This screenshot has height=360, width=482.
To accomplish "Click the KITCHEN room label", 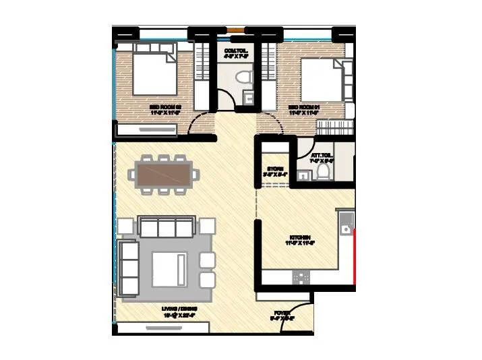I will (300, 238).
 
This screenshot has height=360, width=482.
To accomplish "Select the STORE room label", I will (274, 169).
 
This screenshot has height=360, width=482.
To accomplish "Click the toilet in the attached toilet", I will (323, 174).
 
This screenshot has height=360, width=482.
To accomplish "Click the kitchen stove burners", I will (301, 277).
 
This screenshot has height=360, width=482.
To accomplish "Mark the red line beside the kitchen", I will (354, 253).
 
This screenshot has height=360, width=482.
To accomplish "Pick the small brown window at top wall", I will (235, 30).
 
